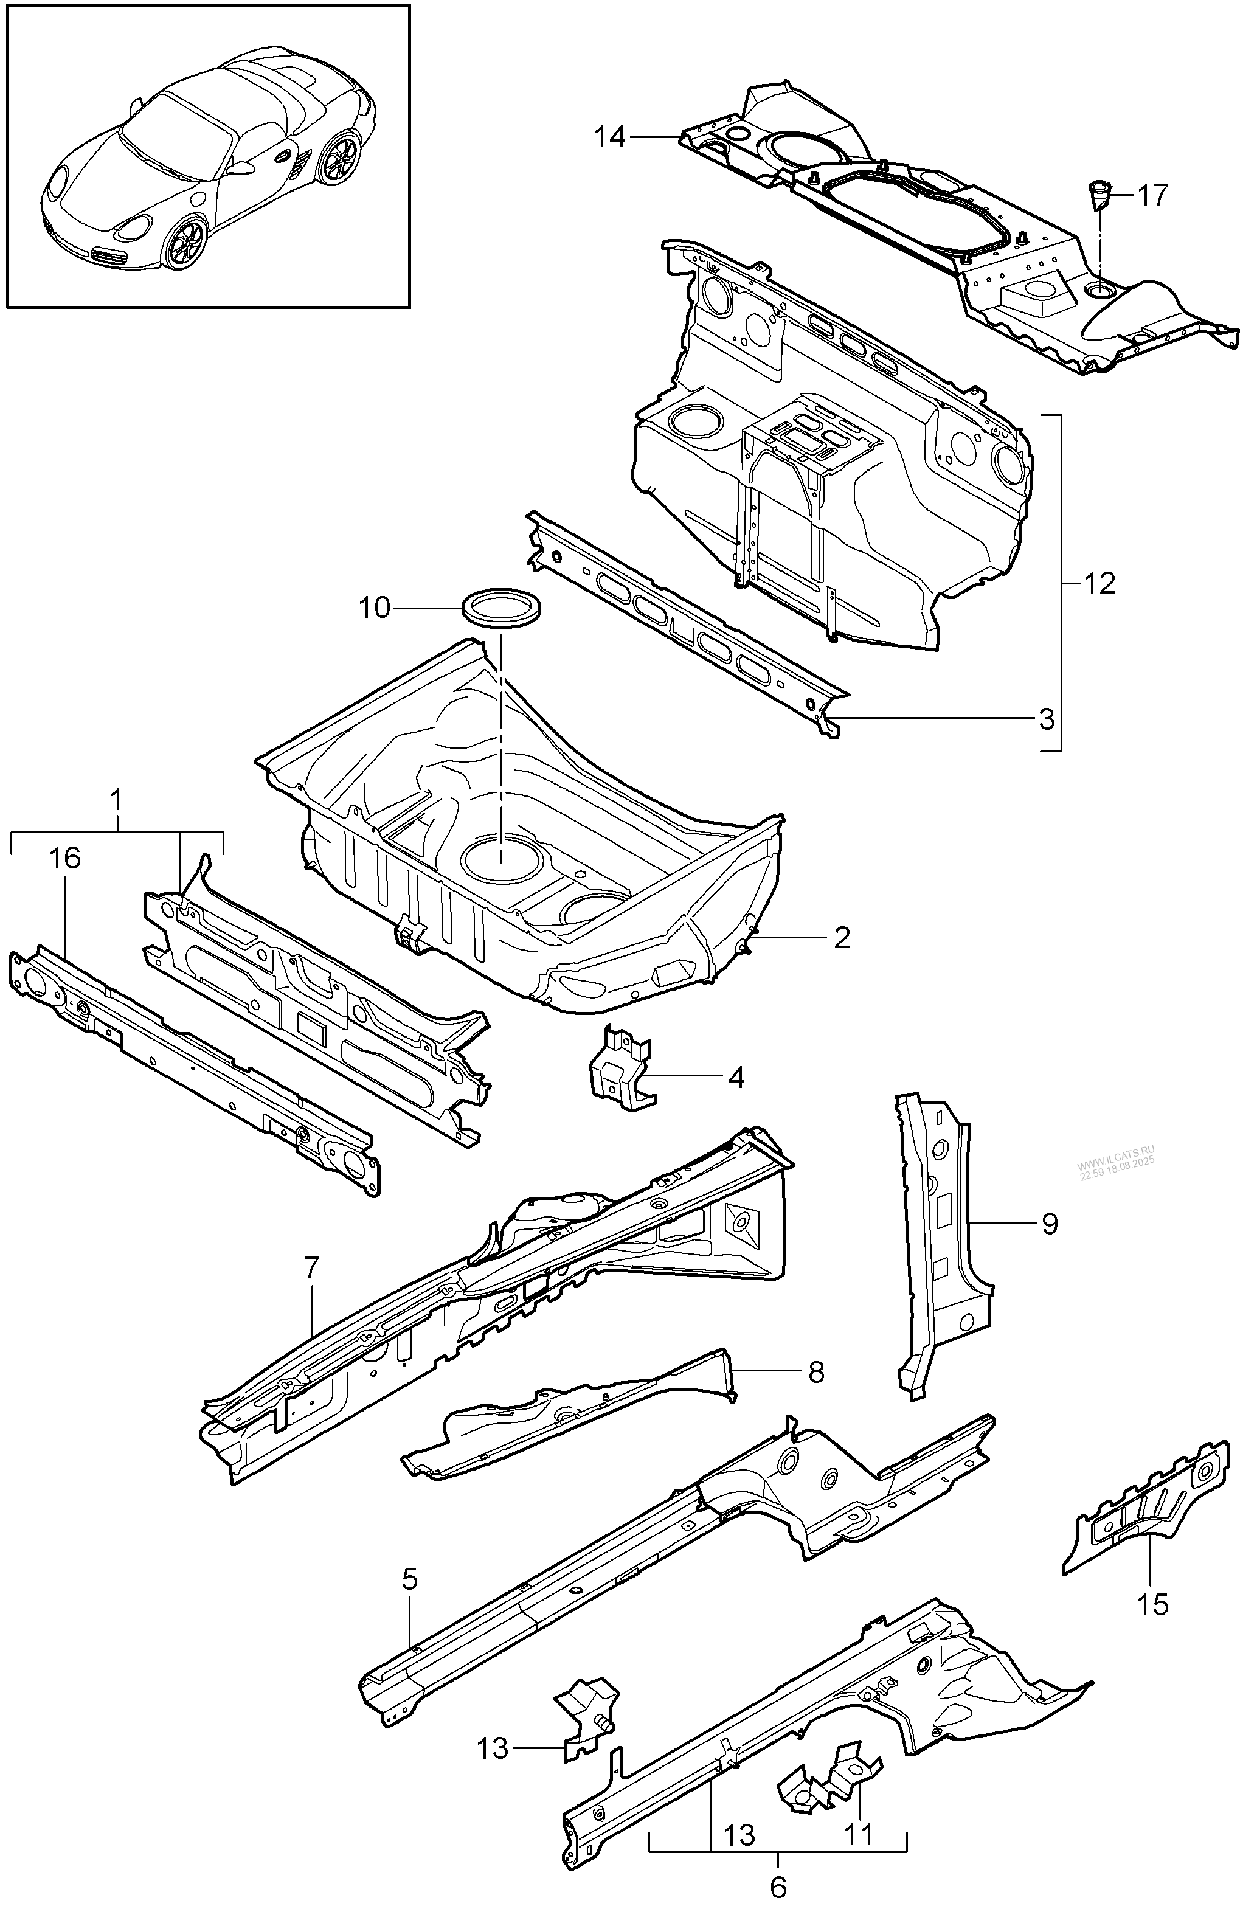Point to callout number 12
click(x=1099, y=583)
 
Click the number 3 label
click(x=1046, y=719)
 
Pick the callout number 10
click(x=374, y=608)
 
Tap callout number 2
click(x=842, y=938)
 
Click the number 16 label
click(x=65, y=859)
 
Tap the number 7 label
click(x=312, y=1267)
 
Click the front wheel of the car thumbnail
click(x=185, y=243)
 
